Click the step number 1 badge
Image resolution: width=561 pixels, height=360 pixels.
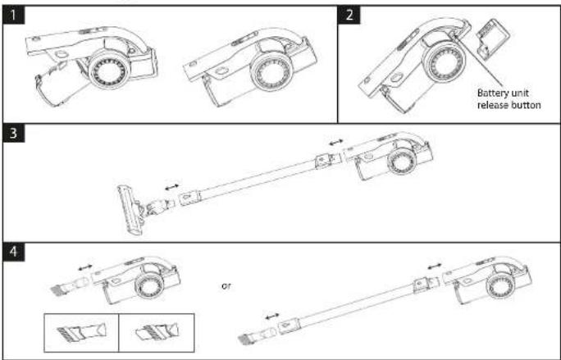pos(13,16)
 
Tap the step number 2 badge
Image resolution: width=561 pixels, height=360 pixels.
pos(349,15)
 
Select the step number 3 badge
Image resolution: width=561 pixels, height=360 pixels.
pos(13,133)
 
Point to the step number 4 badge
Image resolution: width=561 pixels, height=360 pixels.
pos(13,252)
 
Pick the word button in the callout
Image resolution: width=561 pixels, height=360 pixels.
pos(526,105)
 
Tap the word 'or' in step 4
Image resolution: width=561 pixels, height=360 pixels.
pos(226,286)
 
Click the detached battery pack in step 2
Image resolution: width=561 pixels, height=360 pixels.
pos(493,38)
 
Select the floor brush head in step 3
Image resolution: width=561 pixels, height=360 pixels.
pos(130,210)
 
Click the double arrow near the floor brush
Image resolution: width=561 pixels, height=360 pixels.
pos(171,187)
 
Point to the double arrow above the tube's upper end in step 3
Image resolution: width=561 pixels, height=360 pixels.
pos(336,143)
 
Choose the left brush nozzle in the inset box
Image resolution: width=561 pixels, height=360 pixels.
pos(82,332)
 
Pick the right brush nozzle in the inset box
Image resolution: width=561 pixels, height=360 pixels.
pos(157,332)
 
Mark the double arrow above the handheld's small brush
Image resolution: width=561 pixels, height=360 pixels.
pos(85,267)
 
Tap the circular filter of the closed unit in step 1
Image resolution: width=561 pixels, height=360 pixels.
pos(271,73)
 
